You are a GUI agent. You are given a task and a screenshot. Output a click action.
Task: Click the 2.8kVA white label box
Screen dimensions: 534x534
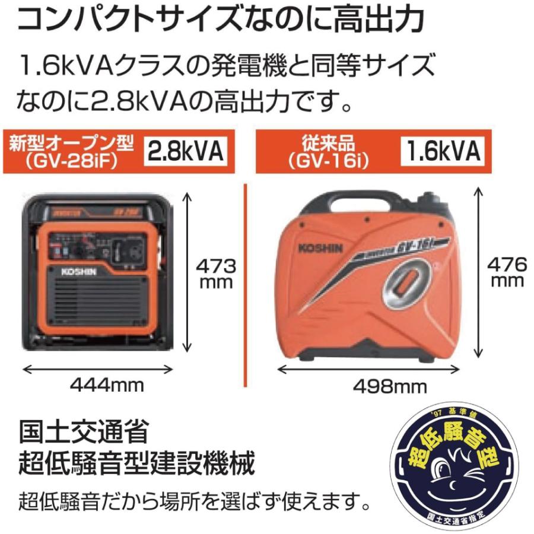pos(185,152)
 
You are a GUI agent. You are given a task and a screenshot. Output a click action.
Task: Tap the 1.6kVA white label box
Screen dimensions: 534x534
pos(442,152)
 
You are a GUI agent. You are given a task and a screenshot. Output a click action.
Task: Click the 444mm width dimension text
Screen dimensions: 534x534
pos(107,385)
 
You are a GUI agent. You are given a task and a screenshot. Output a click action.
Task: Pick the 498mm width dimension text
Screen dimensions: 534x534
pos(390,386)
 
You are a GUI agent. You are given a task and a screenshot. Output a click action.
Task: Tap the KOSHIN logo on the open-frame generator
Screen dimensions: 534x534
pos(82,270)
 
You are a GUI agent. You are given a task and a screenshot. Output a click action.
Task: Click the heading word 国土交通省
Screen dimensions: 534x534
pos(83,432)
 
